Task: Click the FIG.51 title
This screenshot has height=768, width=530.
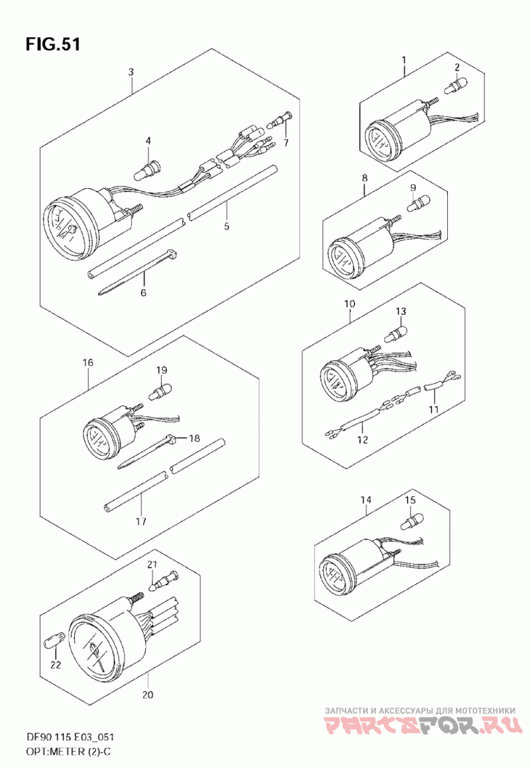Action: tap(54, 44)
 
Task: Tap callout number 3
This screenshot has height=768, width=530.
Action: tap(131, 72)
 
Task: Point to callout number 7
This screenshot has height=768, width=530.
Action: tap(286, 142)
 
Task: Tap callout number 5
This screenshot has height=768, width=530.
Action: tap(226, 226)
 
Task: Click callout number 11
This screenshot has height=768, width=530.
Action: tap(433, 409)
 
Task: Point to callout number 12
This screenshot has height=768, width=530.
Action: tap(362, 439)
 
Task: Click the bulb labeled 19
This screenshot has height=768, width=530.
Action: tap(162, 390)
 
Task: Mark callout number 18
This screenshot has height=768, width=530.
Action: tap(193, 438)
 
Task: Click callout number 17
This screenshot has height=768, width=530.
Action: tap(140, 521)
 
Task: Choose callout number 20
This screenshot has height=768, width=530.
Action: tap(148, 695)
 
